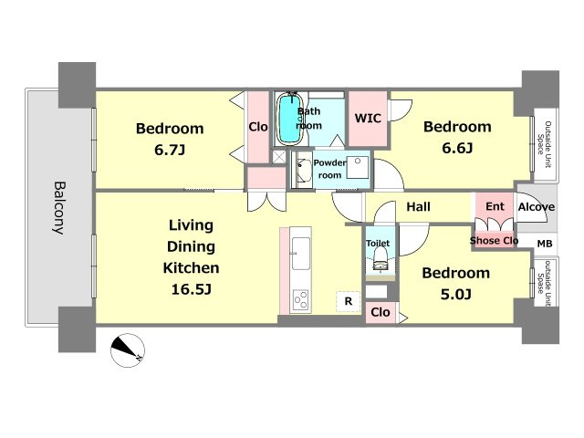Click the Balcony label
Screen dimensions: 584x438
59,207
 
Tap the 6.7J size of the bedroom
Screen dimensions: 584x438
170,150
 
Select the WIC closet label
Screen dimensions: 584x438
368,118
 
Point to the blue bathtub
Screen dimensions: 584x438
290,119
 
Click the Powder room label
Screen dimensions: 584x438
329,169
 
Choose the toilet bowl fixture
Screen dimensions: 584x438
381,258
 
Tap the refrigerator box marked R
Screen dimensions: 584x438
349,301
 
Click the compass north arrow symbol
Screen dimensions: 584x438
128,350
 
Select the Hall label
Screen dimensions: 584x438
418,207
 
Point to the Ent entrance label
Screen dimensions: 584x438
495,206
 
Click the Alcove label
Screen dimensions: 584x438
537,207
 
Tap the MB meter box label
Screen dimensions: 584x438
545,244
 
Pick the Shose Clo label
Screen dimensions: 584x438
494,241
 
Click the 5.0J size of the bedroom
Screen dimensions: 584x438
456,295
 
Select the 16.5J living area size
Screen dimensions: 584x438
191,289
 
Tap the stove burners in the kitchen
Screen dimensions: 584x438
300,300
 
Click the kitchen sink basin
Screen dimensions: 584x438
300,254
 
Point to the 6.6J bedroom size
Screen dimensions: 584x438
457,148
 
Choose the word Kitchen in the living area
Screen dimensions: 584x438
191,267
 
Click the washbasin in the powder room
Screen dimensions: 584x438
304,170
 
